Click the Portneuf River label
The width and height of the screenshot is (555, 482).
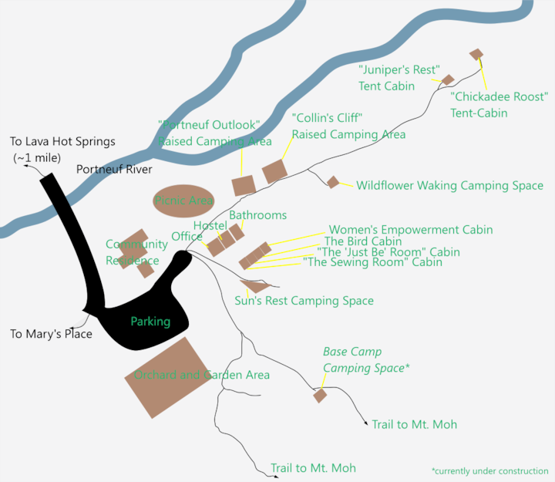(114, 170)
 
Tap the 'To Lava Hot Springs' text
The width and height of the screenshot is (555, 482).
(62, 142)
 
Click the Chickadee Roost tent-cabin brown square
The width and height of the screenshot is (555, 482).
(476, 54)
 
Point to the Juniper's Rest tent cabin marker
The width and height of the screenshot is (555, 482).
(447, 79)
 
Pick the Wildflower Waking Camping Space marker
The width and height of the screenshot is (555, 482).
(333, 182)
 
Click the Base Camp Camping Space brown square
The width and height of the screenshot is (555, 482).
(320, 396)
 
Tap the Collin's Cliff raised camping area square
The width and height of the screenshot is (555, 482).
(275, 171)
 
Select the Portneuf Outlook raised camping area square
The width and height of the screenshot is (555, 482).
(244, 185)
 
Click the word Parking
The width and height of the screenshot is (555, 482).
(150, 322)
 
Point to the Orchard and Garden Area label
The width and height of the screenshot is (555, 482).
(202, 375)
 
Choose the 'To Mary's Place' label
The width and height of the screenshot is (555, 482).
(51, 334)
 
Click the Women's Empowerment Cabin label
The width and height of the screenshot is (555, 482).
(410, 230)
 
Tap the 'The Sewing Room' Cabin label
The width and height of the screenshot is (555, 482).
(372, 262)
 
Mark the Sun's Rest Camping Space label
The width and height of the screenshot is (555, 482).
(304, 301)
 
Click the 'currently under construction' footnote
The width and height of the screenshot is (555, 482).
(489, 470)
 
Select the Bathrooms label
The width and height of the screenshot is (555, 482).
(257, 215)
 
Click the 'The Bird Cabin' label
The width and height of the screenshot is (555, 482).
(363, 241)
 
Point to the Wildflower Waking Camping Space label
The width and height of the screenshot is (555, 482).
(449, 186)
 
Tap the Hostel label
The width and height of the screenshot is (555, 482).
(210, 225)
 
